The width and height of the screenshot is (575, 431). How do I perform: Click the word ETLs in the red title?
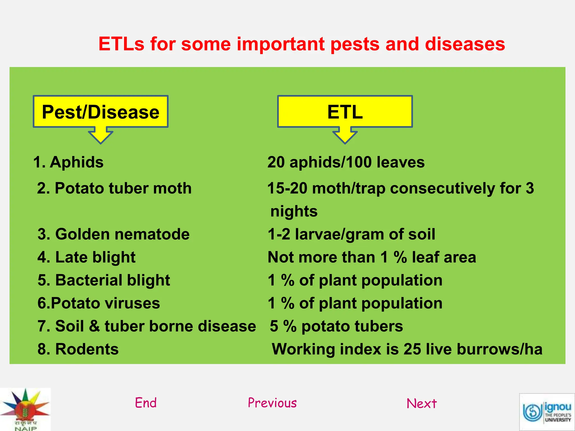[121, 44]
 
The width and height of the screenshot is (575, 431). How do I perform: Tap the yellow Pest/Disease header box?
[101, 112]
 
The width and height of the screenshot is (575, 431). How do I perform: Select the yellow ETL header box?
[345, 112]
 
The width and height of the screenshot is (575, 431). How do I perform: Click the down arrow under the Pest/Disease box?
[101, 136]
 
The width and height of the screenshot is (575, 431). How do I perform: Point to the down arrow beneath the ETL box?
[345, 136]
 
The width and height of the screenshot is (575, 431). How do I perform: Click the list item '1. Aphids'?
[69, 162]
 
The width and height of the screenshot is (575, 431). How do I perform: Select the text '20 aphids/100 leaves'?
[346, 162]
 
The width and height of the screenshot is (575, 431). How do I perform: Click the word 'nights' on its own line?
[294, 211]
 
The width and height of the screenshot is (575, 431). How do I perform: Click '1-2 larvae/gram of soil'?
[351, 234]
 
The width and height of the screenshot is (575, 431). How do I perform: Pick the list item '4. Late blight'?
[86, 257]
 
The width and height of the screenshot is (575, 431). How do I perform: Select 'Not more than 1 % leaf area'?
[372, 257]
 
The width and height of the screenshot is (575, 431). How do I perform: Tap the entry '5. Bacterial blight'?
[104, 280]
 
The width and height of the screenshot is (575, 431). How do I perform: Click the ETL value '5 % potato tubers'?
[336, 326]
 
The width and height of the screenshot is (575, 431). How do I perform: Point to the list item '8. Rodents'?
[78, 349]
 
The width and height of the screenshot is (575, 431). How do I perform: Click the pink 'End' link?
[146, 403]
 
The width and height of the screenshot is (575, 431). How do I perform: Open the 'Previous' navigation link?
[272, 403]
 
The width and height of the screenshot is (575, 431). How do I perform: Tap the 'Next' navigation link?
[421, 404]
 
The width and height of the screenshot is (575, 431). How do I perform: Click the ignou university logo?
[547, 412]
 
